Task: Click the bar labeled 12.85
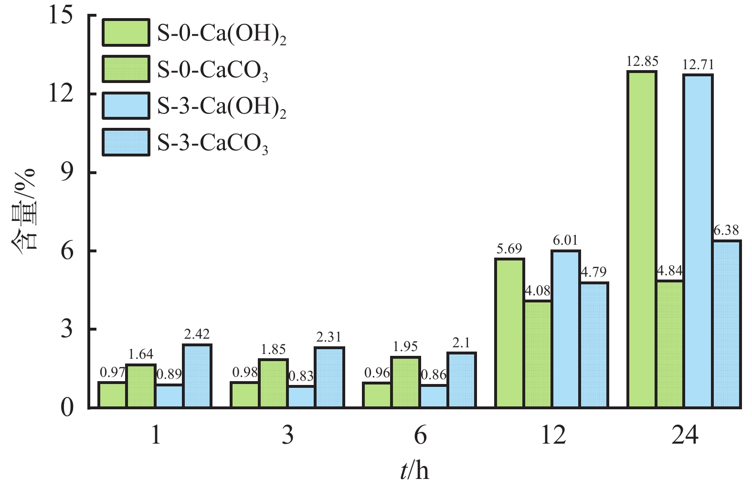coord(642,239)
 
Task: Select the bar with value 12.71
coord(698,241)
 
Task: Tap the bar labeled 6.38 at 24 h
coord(726,324)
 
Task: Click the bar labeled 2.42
coord(197,376)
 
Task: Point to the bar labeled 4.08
coord(538,354)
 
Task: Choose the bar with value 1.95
coord(405,382)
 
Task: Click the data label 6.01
coord(565,240)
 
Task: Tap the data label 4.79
coord(593,272)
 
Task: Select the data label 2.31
coord(329,338)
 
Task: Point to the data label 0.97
coord(112,373)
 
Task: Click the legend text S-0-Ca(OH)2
coord(222,33)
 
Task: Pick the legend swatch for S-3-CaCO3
coord(126,142)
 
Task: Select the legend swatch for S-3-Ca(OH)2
coord(126,106)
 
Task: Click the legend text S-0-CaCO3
coord(212,70)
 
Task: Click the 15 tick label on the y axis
coord(61,15)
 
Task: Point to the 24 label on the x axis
coord(684,435)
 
